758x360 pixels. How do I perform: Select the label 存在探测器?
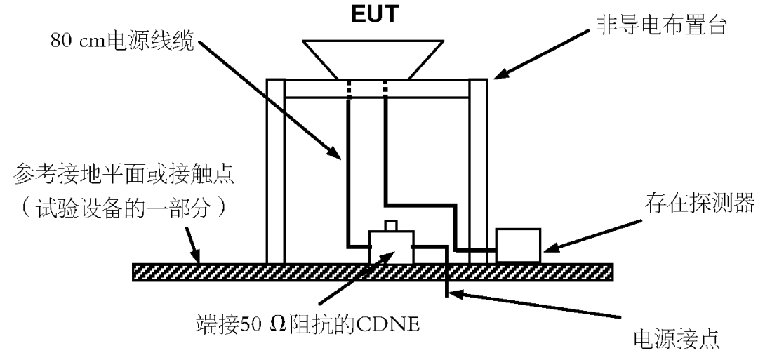click(x=699, y=204)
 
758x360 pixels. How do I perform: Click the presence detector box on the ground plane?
click(x=518, y=245)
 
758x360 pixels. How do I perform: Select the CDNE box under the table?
click(x=391, y=246)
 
